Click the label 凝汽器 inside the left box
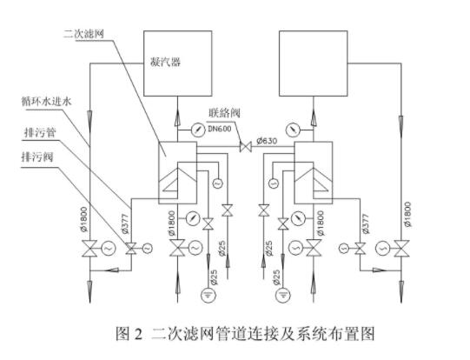pyautogui.click(x=165, y=63)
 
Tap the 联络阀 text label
pyautogui.click(x=224, y=113)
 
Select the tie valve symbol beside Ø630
pyautogui.click(x=246, y=147)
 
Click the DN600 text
pyautogui.click(x=220, y=129)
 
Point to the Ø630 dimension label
pyautogui.click(x=267, y=140)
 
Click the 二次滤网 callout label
pyautogui.click(x=83, y=34)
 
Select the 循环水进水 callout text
pyautogui.click(x=46, y=102)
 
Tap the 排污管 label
pyautogui.click(x=40, y=132)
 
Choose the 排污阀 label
pyautogui.click(x=37, y=157)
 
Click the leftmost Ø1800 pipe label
pyautogui.click(x=84, y=219)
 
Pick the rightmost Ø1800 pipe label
pyautogui.click(x=407, y=214)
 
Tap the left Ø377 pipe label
pyautogui.click(x=125, y=223)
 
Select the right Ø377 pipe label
pyautogui.click(x=365, y=223)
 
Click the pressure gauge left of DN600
pyautogui.click(x=197, y=130)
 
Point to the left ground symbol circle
pyautogui.click(x=209, y=294)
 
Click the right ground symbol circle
pyautogui.click(x=283, y=294)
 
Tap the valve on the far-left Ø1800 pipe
pyautogui.click(x=89, y=249)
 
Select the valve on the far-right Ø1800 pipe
pyautogui.click(x=401, y=249)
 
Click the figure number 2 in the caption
pyautogui.click(x=138, y=334)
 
